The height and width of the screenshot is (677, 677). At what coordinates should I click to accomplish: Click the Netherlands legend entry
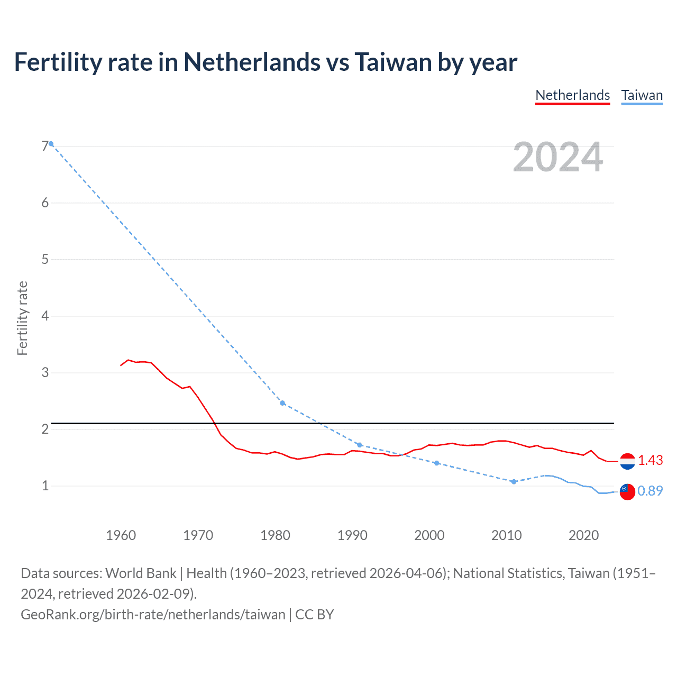[572, 96]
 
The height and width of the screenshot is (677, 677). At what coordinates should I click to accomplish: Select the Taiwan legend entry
[642, 96]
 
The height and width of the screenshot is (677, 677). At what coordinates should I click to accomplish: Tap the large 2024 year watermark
[557, 157]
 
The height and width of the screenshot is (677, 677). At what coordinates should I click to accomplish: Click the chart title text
[266, 62]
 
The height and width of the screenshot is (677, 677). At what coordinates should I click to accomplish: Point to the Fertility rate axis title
[22, 318]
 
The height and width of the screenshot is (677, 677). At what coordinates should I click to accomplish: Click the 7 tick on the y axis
[45, 146]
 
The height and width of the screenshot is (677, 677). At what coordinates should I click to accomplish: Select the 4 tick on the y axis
[45, 316]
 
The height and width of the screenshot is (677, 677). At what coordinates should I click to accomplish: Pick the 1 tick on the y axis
[45, 486]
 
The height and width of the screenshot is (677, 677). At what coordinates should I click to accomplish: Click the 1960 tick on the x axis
[121, 535]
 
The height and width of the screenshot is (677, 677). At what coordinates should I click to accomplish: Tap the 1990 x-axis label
[352, 535]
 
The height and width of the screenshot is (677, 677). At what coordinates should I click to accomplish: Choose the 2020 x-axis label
[583, 535]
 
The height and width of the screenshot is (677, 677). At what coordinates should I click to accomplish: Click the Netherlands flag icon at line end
[627, 461]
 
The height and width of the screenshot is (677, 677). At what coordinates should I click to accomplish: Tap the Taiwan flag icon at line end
[627, 491]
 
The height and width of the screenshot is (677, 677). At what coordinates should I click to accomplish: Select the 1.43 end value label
[650, 461]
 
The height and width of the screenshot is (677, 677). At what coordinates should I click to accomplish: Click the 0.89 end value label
[650, 491]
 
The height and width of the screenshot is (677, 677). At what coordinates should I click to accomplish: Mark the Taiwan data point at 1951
[51, 144]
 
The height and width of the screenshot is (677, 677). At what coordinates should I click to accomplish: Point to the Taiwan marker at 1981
[282, 403]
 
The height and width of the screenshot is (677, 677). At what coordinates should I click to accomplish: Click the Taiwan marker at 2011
[514, 481]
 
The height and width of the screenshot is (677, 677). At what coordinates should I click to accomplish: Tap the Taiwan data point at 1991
[360, 445]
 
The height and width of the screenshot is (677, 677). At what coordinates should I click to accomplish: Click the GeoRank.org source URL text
[153, 615]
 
